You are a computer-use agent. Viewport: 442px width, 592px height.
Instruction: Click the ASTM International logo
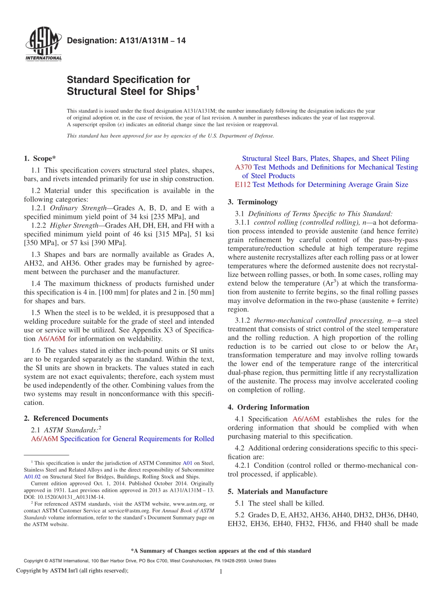coord(43,45)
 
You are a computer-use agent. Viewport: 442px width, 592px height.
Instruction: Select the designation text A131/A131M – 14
coord(126,41)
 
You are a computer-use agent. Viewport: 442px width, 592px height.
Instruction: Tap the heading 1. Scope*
coord(40,158)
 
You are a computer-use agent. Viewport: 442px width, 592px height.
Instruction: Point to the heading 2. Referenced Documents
coord(66,418)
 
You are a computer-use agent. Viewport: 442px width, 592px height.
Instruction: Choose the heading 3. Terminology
coord(253,202)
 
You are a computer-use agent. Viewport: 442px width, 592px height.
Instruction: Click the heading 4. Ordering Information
coord(268,407)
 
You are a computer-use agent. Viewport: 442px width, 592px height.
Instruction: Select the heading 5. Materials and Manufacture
coord(277,491)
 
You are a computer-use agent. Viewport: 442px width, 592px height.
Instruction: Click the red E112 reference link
coord(243,185)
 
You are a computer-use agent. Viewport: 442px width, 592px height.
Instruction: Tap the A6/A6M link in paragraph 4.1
coord(306,419)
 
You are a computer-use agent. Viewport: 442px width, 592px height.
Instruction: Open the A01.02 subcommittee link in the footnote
coord(31,477)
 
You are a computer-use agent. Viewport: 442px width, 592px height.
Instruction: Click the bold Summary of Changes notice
coord(221,551)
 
